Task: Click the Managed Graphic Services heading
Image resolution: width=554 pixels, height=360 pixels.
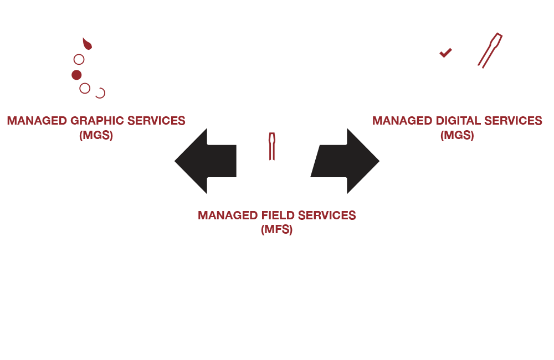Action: (96, 120)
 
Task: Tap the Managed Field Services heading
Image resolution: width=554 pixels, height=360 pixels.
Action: (276, 215)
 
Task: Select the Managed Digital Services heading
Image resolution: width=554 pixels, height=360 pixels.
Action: (457, 120)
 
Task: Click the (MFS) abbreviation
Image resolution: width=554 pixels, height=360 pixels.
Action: (276, 228)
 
